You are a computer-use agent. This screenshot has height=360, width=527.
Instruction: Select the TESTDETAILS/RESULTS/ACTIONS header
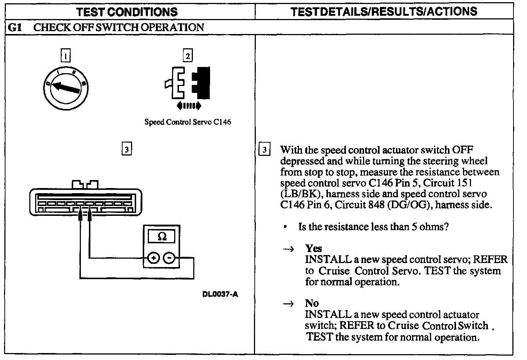point(384,11)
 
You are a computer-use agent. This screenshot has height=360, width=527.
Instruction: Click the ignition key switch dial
point(66,88)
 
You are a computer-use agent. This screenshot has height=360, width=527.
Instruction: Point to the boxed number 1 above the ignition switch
point(66,56)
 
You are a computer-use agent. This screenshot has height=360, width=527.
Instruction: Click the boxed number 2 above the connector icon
point(188,56)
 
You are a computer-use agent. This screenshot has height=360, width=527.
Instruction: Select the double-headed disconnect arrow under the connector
point(188,106)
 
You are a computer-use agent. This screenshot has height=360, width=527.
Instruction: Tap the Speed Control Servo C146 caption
point(188,122)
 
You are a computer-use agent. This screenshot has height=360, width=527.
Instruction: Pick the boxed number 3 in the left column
point(126,149)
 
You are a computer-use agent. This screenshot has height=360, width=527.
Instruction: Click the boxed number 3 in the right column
point(264,150)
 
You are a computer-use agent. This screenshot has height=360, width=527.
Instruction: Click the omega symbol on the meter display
point(161,237)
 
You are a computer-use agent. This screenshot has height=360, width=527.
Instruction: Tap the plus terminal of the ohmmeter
point(153,258)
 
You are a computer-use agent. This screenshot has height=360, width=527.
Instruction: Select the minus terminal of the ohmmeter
point(169,258)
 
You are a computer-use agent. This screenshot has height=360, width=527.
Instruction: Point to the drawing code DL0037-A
point(220,295)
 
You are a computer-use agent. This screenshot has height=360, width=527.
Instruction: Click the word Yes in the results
point(313,248)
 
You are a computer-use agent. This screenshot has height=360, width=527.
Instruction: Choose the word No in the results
point(312,303)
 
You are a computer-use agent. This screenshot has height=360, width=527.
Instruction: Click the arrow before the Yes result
point(288,249)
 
